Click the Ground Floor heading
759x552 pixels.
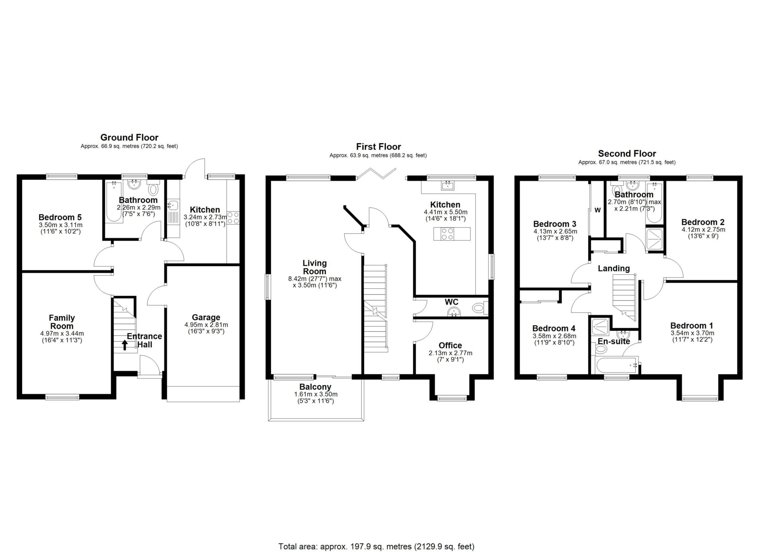click(x=129, y=138)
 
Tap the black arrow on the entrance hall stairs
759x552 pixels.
click(x=125, y=345)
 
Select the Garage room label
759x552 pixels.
click(x=206, y=317)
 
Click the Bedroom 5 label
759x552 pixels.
click(x=60, y=217)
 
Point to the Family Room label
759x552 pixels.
click(x=62, y=322)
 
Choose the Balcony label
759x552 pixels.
click(x=313, y=387)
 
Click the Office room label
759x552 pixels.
click(x=450, y=346)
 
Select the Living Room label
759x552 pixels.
click(x=315, y=267)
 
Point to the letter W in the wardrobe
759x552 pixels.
click(x=597, y=210)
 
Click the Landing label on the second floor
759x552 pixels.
click(x=614, y=268)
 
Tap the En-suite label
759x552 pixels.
click(x=614, y=341)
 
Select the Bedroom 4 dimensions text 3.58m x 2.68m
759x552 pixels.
click(x=553, y=336)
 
